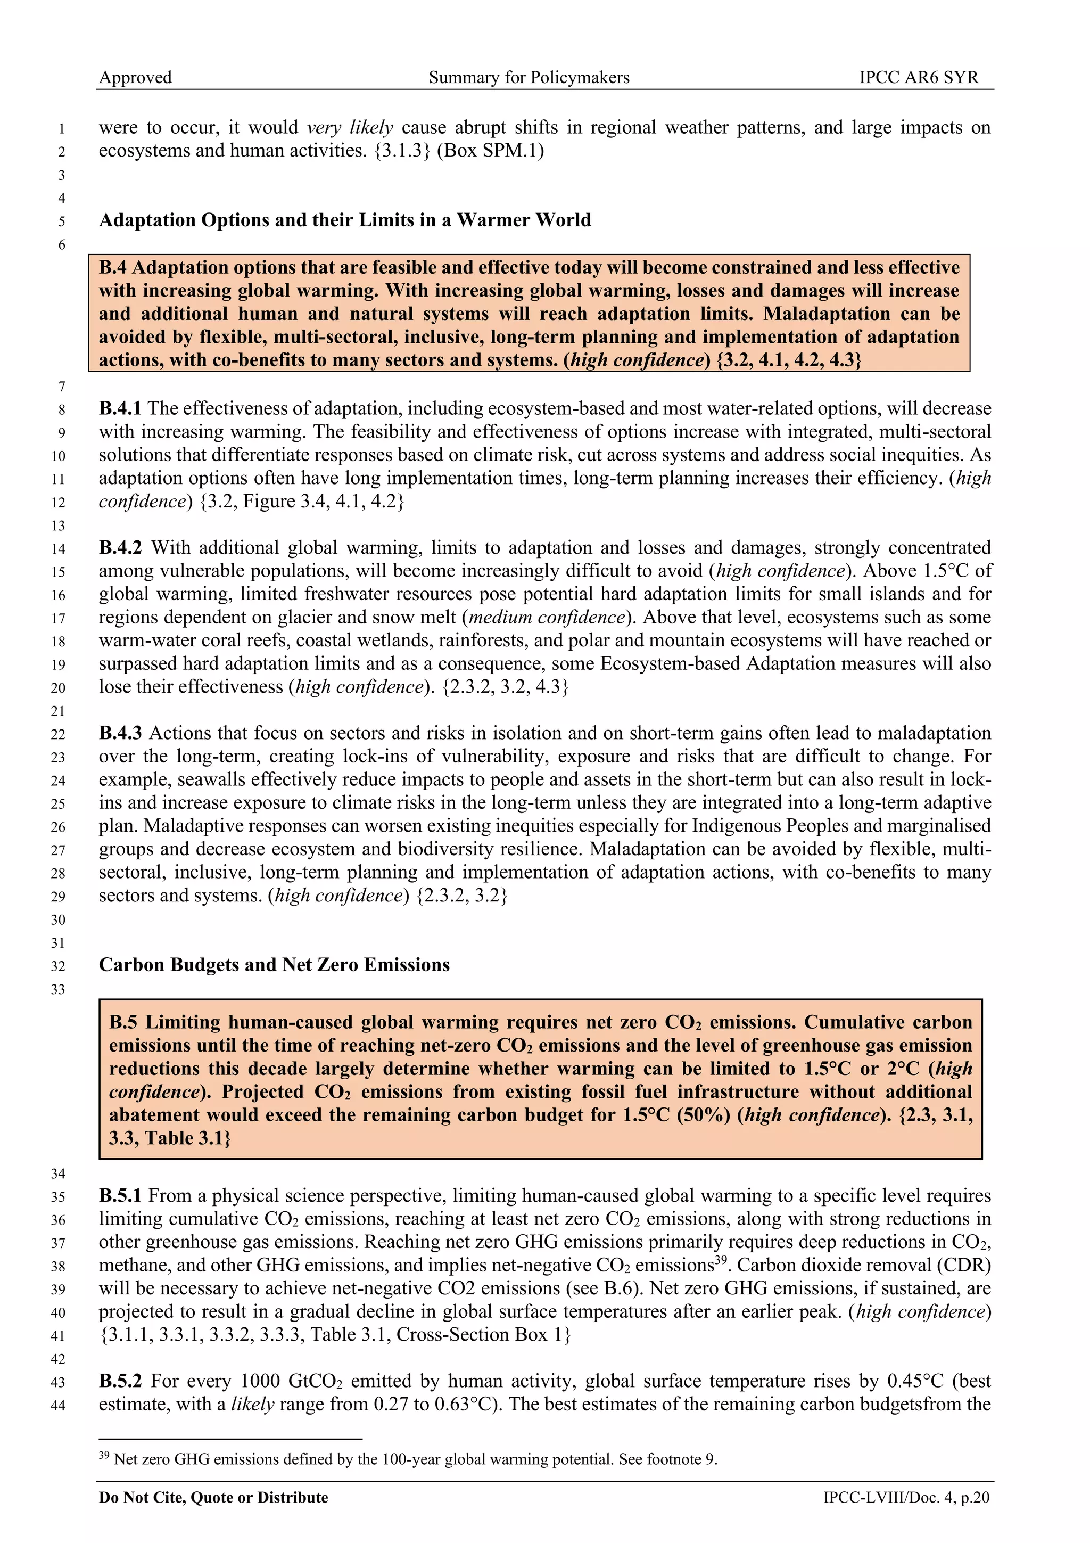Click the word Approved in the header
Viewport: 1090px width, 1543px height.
click(x=135, y=77)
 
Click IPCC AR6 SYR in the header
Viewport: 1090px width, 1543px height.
click(x=919, y=77)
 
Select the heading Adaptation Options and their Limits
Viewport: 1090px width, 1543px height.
click(x=344, y=220)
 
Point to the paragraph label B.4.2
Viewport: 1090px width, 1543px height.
click(x=120, y=548)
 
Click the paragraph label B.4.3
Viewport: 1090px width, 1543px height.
click(x=120, y=733)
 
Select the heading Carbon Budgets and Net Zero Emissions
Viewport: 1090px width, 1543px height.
click(x=274, y=965)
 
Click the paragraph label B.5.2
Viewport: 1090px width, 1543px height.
click(x=120, y=1381)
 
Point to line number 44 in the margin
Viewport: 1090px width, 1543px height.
click(x=59, y=1405)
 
